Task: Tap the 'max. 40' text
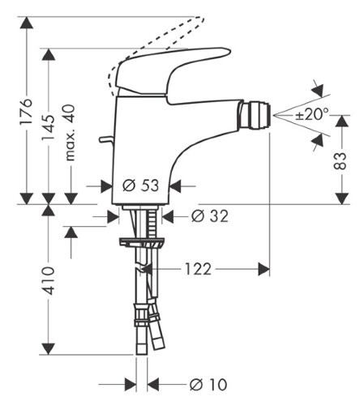(71, 130)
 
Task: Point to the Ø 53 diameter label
(139, 185)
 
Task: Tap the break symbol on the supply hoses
(144, 268)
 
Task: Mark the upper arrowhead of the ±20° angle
(317, 89)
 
